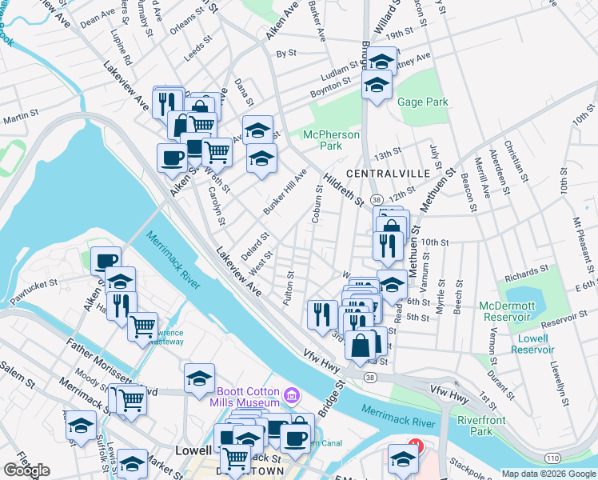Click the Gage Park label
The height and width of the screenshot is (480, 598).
coord(423,102)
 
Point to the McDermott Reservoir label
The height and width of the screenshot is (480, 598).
coord(506,312)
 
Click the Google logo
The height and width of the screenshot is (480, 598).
coord(26,470)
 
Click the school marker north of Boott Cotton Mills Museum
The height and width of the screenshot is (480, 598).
coord(199,380)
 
